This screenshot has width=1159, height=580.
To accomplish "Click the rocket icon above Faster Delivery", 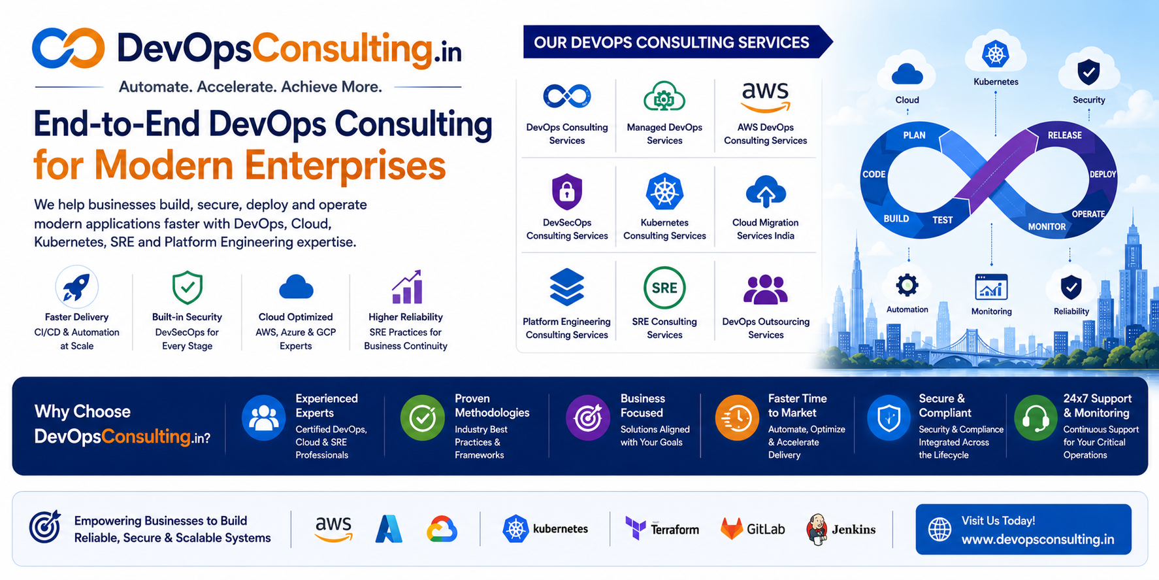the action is tap(76, 286).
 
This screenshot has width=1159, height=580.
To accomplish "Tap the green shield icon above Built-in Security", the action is tap(187, 288).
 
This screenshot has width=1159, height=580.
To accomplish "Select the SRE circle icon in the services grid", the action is tap(664, 288).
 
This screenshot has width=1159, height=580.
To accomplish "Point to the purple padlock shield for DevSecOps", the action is tap(567, 192).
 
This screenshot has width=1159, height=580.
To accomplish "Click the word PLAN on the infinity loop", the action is tap(914, 135).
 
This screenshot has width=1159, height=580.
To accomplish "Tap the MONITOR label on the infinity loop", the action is tap(1047, 227).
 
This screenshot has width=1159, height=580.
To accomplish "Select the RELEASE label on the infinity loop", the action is tap(1065, 135).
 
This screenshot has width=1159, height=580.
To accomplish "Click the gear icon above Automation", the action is tap(907, 285).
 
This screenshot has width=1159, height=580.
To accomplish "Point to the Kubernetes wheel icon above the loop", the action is tap(996, 54).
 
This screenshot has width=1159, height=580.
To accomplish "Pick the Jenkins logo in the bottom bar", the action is tap(841, 530).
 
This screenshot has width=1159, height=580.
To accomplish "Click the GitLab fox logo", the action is tap(732, 528).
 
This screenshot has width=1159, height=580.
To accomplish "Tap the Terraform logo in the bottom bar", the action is tap(662, 528).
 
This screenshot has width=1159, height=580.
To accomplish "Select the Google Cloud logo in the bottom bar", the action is tap(442, 529).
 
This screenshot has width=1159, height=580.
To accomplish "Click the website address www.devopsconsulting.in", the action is tap(1037, 539).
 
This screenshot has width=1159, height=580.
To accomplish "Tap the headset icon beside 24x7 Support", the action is tap(1036, 418).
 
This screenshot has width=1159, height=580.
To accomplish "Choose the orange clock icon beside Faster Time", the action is tap(737, 418).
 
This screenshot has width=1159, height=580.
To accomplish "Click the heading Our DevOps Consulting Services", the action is tap(672, 43).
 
